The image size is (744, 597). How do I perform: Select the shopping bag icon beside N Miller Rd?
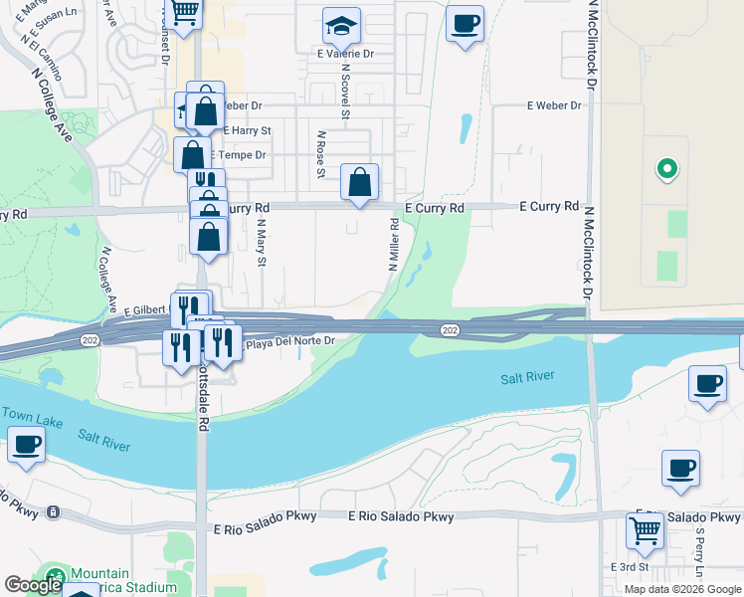[360, 183]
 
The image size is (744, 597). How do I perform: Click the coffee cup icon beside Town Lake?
[26, 445]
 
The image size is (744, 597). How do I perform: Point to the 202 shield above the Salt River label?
[449, 329]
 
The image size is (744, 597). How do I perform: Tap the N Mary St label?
[263, 247]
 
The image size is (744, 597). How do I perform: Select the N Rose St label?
[321, 155]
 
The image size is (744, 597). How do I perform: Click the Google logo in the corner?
[33, 585]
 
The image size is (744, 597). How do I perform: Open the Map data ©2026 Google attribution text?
[681, 589]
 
